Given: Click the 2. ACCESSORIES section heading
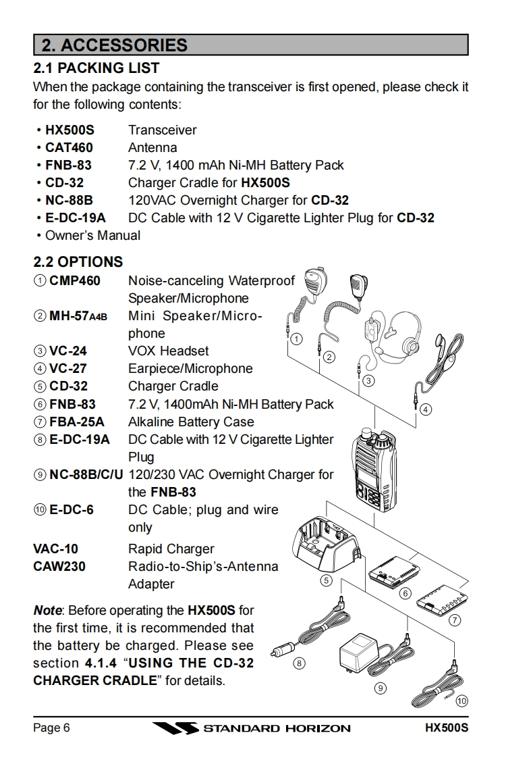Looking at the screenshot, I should tap(115, 45).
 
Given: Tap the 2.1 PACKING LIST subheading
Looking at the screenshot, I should tap(96, 68).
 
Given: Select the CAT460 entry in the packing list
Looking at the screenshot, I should tap(69, 147).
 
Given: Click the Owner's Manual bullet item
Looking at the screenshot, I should tap(92, 235).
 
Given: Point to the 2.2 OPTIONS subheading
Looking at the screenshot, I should tap(78, 261).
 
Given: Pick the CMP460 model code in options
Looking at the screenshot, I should tap(75, 280).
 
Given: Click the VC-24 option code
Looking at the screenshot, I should tap(68, 351).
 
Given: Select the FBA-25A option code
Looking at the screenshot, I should tap(77, 422).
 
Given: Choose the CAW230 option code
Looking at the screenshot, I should tap(59, 566).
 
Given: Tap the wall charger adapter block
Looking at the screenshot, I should tap(356, 652).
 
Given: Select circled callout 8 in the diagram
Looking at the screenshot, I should tap(299, 664).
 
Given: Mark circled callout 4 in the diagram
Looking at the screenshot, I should tap(426, 409).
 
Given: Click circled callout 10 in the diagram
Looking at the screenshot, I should tap(462, 701).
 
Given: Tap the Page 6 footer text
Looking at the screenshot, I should tap(52, 728).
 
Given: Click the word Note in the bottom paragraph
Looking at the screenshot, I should tap(47, 611).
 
